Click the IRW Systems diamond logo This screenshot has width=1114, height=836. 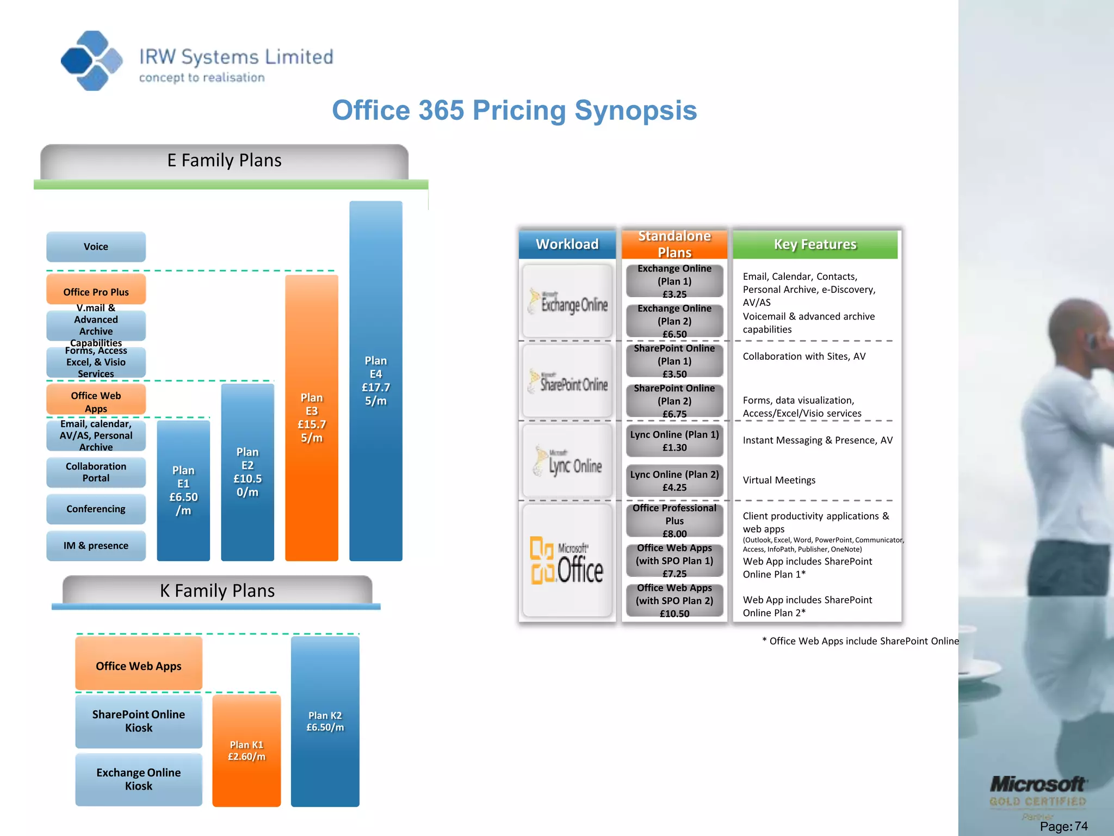(x=91, y=60)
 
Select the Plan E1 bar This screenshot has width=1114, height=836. (x=183, y=490)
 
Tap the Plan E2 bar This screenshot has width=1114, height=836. (x=247, y=472)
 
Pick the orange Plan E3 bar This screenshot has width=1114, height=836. (x=312, y=417)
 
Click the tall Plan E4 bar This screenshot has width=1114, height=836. (x=376, y=380)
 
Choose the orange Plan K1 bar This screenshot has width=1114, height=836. (x=246, y=750)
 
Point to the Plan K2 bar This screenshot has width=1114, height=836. (x=325, y=721)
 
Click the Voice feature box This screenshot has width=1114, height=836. (x=96, y=247)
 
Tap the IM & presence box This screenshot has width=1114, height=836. (x=96, y=545)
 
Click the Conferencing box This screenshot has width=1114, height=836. (x=96, y=509)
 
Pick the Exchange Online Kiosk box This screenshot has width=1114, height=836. (x=139, y=779)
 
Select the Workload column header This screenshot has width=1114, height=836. (x=567, y=244)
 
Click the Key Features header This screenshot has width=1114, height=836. (x=815, y=244)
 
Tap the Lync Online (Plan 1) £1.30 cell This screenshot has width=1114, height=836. (x=674, y=441)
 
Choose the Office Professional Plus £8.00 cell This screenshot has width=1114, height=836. (x=674, y=520)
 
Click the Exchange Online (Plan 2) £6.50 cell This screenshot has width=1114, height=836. (x=674, y=321)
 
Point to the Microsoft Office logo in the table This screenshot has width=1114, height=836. (x=567, y=561)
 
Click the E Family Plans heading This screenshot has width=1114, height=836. (x=224, y=161)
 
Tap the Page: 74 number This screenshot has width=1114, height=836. (x=1063, y=826)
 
